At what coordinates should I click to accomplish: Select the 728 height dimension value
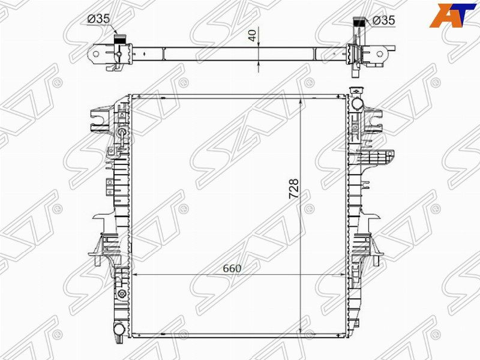pos(294,189)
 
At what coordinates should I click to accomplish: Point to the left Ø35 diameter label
pos(98,19)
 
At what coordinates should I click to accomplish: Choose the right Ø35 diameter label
pos(383,20)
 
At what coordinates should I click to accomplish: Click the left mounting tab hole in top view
pos(95,55)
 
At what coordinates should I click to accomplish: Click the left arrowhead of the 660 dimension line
pos(134,274)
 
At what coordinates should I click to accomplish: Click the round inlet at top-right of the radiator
pos(358,102)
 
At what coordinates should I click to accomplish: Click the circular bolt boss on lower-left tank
pos(122,293)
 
